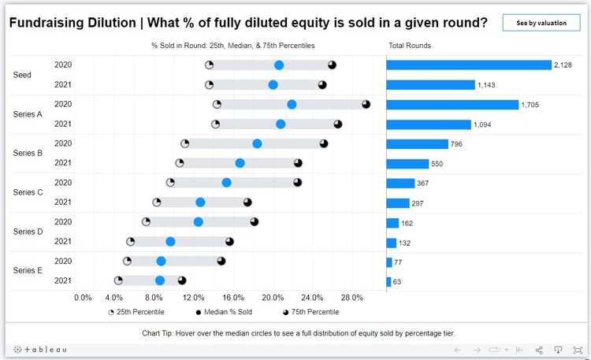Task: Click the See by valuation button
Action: tap(541, 23)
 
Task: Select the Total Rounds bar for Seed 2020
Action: tap(468, 65)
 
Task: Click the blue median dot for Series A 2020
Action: tap(292, 104)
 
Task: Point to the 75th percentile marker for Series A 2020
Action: tap(366, 104)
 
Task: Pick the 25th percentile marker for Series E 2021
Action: tap(118, 280)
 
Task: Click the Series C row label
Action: tap(28, 192)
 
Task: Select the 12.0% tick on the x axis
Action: tap(194, 298)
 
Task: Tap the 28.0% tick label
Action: tap(351, 298)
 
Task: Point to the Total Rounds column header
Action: tap(410, 46)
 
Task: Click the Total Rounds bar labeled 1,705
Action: tap(452, 104)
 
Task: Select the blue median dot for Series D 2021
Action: tap(170, 241)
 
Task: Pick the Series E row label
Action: tap(28, 270)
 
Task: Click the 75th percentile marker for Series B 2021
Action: tap(298, 163)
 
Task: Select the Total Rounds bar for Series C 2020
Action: tap(400, 183)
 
